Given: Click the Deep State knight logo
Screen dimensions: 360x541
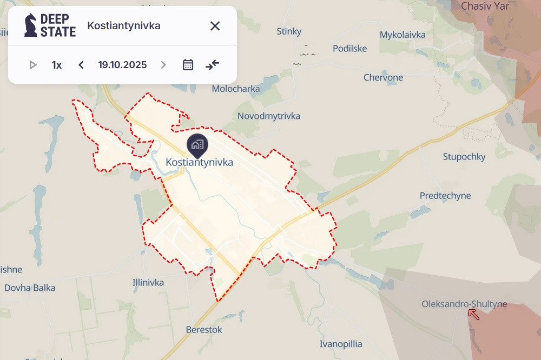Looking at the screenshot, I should [31, 25].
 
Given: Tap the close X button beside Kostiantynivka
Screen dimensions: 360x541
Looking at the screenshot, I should [215, 26].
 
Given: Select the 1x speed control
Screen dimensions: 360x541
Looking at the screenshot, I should [57, 65].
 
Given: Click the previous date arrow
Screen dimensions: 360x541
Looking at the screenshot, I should [81, 65].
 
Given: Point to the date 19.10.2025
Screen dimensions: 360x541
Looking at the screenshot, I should [122, 65].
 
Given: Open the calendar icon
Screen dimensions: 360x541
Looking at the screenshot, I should [188, 65].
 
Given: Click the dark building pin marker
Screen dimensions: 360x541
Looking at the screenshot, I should [196, 144].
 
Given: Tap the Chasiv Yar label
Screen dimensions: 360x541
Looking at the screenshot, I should [483, 6].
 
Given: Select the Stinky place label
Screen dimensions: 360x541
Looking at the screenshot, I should [289, 31].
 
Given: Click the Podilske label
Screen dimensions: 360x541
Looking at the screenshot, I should [349, 49].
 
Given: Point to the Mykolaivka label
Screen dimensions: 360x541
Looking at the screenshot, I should [403, 35].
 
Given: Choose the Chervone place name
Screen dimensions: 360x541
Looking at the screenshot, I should [383, 78].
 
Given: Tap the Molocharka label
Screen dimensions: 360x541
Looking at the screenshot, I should [236, 89].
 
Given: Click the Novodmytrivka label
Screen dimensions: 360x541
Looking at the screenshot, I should [269, 116].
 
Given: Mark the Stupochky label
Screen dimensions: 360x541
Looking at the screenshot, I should [464, 157].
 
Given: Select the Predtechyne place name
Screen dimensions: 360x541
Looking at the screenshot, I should [445, 196].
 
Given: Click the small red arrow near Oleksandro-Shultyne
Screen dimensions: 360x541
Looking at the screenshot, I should [473, 314].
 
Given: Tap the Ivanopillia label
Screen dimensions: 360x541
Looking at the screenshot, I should [341, 344].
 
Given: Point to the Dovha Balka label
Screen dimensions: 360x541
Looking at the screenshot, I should [30, 288].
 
